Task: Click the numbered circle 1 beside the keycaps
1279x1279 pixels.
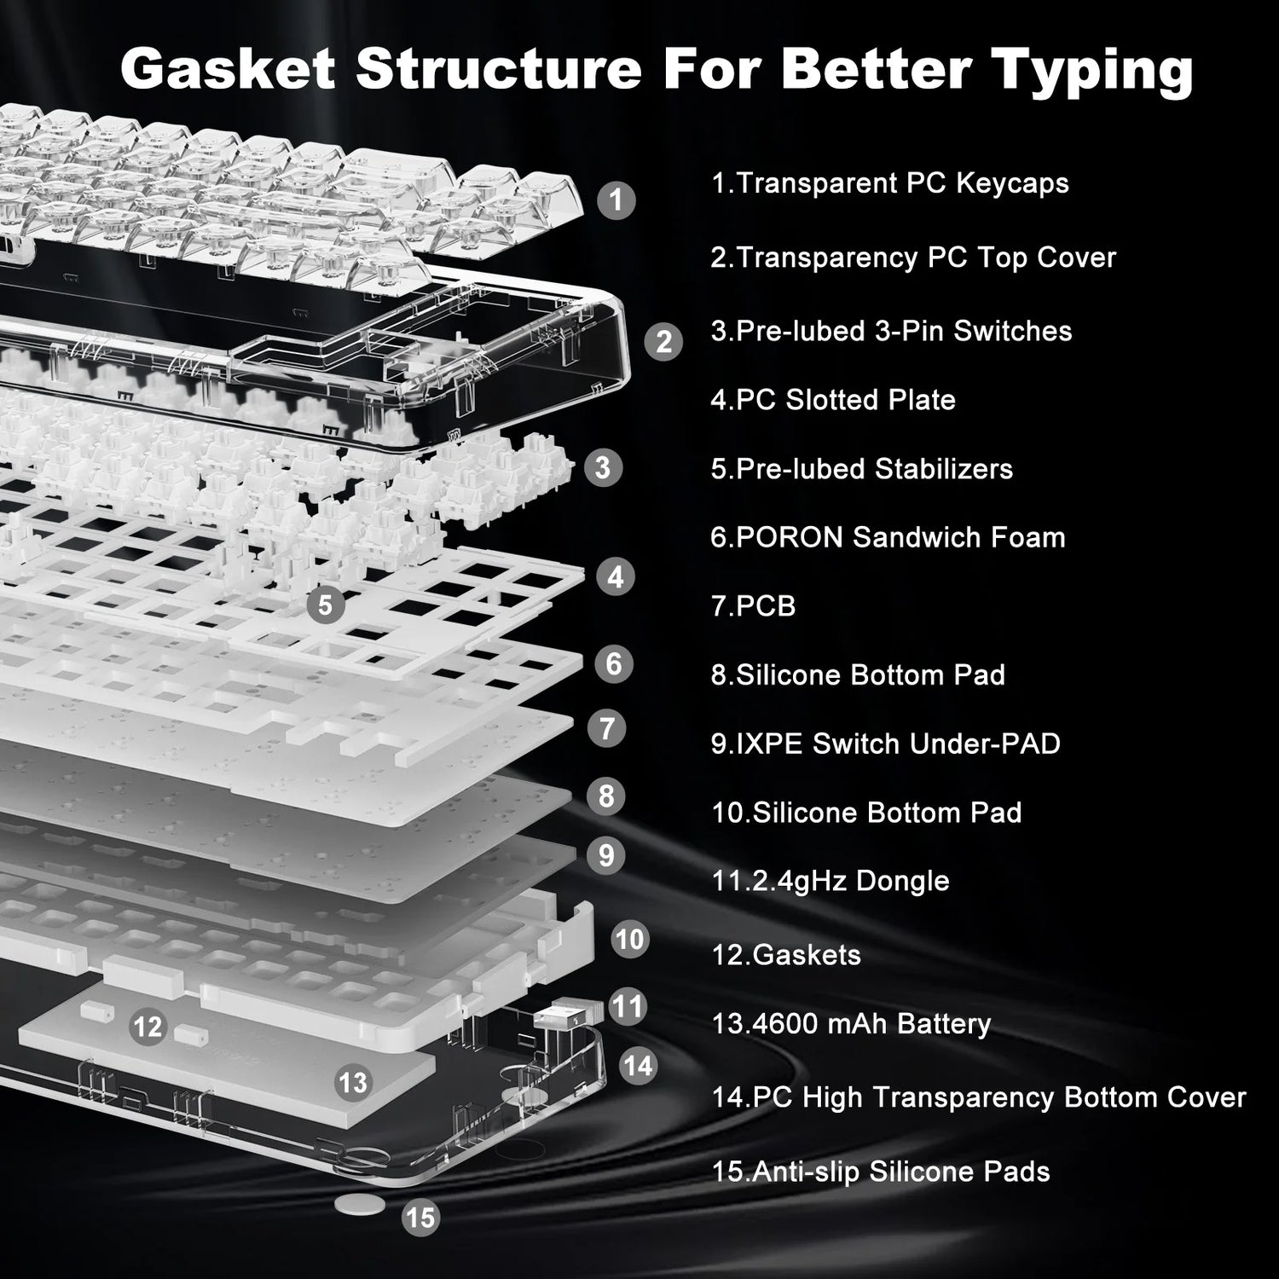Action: coord(616,200)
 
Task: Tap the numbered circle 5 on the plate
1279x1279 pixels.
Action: coord(325,605)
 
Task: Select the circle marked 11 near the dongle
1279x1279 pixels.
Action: coord(628,1006)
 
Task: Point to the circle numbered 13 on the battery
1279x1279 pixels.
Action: coord(352,1082)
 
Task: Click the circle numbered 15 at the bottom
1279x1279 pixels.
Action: coord(420,1218)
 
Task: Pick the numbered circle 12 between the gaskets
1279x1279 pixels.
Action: coord(148,1026)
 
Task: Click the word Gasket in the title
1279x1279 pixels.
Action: coord(228,68)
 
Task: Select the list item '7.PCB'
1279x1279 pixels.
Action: coord(753,606)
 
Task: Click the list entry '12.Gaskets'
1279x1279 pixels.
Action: coord(786,955)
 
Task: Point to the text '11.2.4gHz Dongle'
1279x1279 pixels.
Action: coord(830,881)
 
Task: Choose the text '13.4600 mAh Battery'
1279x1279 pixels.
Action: coord(851,1023)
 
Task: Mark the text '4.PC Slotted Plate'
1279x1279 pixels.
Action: coord(833,400)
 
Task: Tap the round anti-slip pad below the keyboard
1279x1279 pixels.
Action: coord(359,1204)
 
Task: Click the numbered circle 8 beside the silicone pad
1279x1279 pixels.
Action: coord(606,796)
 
